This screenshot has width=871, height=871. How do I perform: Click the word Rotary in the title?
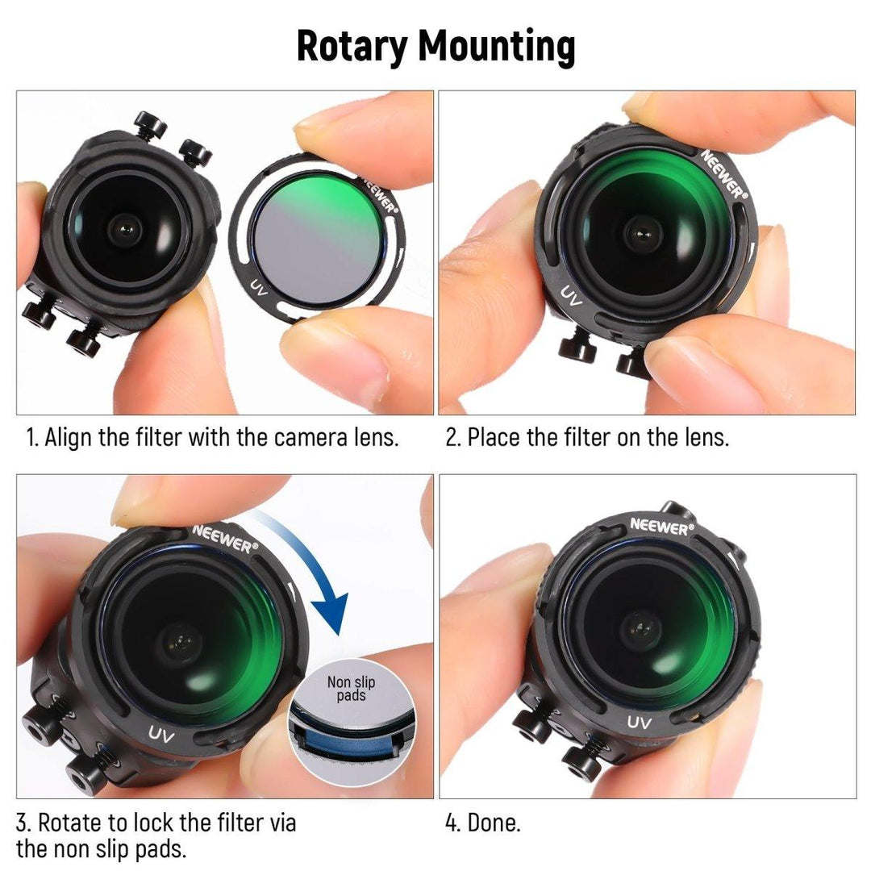pyautogui.click(x=352, y=46)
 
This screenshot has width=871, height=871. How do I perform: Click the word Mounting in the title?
pyautogui.click(x=497, y=46)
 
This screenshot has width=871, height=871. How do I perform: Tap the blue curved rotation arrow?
pyautogui.click(x=311, y=561)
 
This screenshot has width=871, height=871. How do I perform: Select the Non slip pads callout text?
pyautogui.click(x=351, y=688)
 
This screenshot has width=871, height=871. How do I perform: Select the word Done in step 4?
pyautogui.click(x=494, y=823)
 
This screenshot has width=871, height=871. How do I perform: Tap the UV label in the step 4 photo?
pyautogui.click(x=639, y=722)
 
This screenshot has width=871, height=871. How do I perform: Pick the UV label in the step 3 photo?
pyautogui.click(x=161, y=735)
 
